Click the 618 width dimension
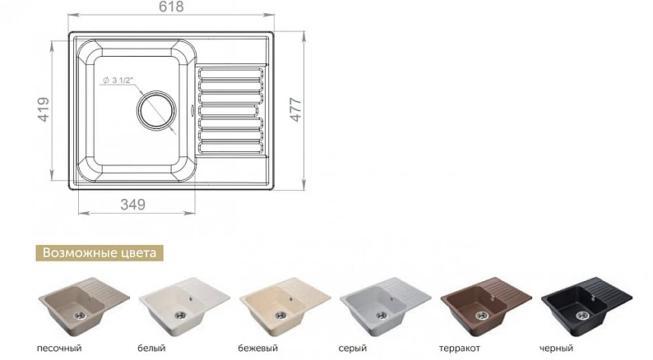point(171,7)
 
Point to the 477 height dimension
point(295,109)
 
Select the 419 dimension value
point(44,109)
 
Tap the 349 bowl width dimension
point(133,205)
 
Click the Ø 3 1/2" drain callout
point(118,81)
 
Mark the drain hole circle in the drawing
point(156,111)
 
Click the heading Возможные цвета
point(100,252)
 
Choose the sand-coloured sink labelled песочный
point(84,305)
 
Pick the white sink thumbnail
point(184,305)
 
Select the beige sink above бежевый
point(285,305)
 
